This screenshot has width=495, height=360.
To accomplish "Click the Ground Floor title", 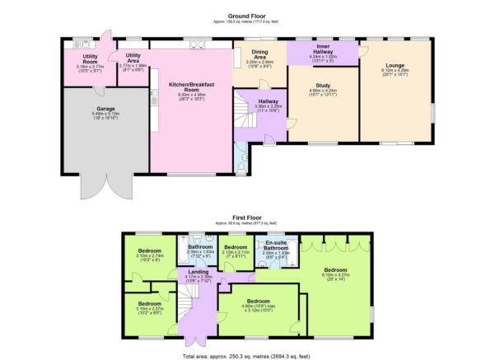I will pyautogui.click(x=248, y=16).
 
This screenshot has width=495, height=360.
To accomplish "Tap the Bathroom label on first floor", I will pyautogui.click(x=200, y=250).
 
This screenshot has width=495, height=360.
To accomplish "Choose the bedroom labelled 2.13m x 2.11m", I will pyautogui.click(x=237, y=250).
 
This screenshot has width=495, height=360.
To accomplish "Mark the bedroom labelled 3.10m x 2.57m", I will pyautogui.click(x=150, y=308).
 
